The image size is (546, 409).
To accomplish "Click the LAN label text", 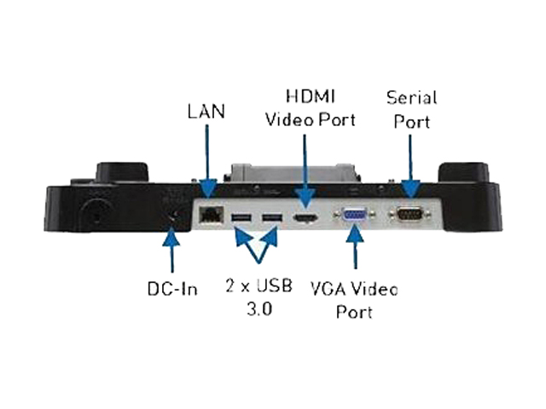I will (206, 112).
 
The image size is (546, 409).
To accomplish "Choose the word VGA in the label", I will (347, 289).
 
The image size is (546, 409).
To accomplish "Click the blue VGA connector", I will (354, 216).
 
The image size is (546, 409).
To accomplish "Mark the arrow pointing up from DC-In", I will (171, 252).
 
